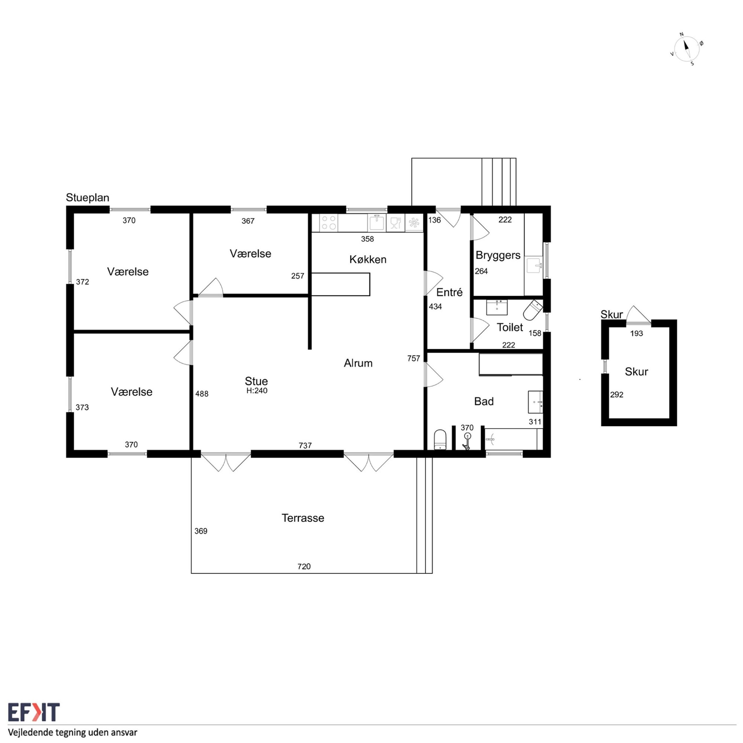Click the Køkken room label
pos(368,259)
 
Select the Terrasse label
pos(303,518)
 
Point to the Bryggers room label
pos(498,256)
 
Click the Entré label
pos(449,292)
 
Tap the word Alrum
pos(358,363)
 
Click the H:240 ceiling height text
pos(257,391)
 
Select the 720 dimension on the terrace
pos(304,567)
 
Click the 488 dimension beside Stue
pos(202,394)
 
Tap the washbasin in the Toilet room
pos(497,308)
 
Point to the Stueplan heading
pos(88,198)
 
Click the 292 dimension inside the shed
pos(616,395)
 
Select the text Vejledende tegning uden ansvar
pos(73,732)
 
